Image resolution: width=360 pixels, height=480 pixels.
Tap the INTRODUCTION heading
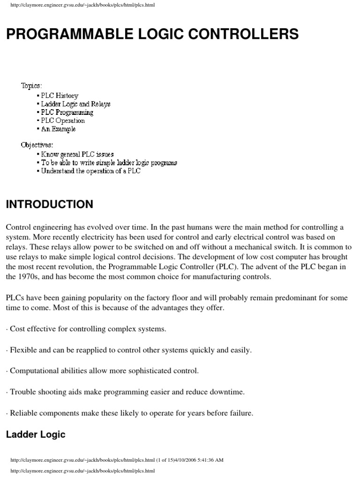[49, 204]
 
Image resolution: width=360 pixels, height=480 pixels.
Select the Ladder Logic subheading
[36, 435]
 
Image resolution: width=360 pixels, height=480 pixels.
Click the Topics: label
[31, 86]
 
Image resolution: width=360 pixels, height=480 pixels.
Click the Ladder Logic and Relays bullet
[75, 104]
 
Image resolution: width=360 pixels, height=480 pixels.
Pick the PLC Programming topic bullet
[67, 112]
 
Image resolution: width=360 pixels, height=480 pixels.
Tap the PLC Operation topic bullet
[63, 120]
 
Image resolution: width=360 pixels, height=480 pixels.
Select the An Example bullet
[58, 129]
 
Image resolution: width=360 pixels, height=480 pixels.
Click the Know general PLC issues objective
[77, 154]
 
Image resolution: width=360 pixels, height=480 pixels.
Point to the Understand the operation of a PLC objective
[90, 171]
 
